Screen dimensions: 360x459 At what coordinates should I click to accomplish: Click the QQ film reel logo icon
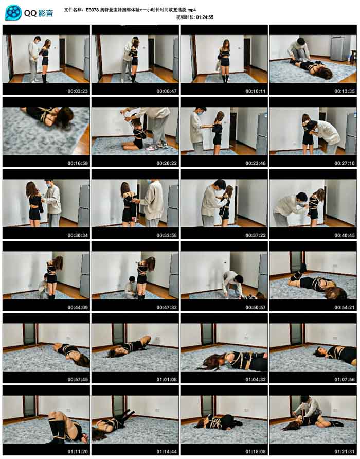tap(13, 12)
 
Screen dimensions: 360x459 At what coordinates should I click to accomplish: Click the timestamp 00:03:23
tap(78, 91)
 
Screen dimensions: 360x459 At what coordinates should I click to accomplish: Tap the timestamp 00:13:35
tap(345, 91)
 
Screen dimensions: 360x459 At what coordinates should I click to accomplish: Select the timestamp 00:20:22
tap(167, 163)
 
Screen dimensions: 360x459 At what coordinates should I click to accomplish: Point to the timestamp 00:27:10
tap(345, 163)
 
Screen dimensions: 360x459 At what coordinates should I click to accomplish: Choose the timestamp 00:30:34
tap(78, 235)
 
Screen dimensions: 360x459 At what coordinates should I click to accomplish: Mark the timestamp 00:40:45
tap(345, 235)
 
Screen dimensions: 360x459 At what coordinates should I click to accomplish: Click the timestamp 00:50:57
tap(256, 307)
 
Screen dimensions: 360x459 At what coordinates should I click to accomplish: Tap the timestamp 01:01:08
tap(167, 379)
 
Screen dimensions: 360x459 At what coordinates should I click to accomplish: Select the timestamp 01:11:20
tap(78, 451)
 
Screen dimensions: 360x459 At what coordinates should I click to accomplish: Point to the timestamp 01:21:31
tap(345, 451)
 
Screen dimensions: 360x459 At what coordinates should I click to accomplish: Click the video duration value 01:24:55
tap(205, 17)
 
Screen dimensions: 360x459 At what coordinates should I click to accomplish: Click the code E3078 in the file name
tap(92, 10)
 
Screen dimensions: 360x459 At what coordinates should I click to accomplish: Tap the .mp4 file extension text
tap(191, 10)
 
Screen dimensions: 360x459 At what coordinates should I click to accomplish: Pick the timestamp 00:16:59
tap(78, 163)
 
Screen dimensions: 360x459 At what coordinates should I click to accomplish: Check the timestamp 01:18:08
tap(256, 451)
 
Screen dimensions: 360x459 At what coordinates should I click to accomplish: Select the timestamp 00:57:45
tap(78, 379)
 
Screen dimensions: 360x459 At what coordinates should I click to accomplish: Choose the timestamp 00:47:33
tap(167, 307)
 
